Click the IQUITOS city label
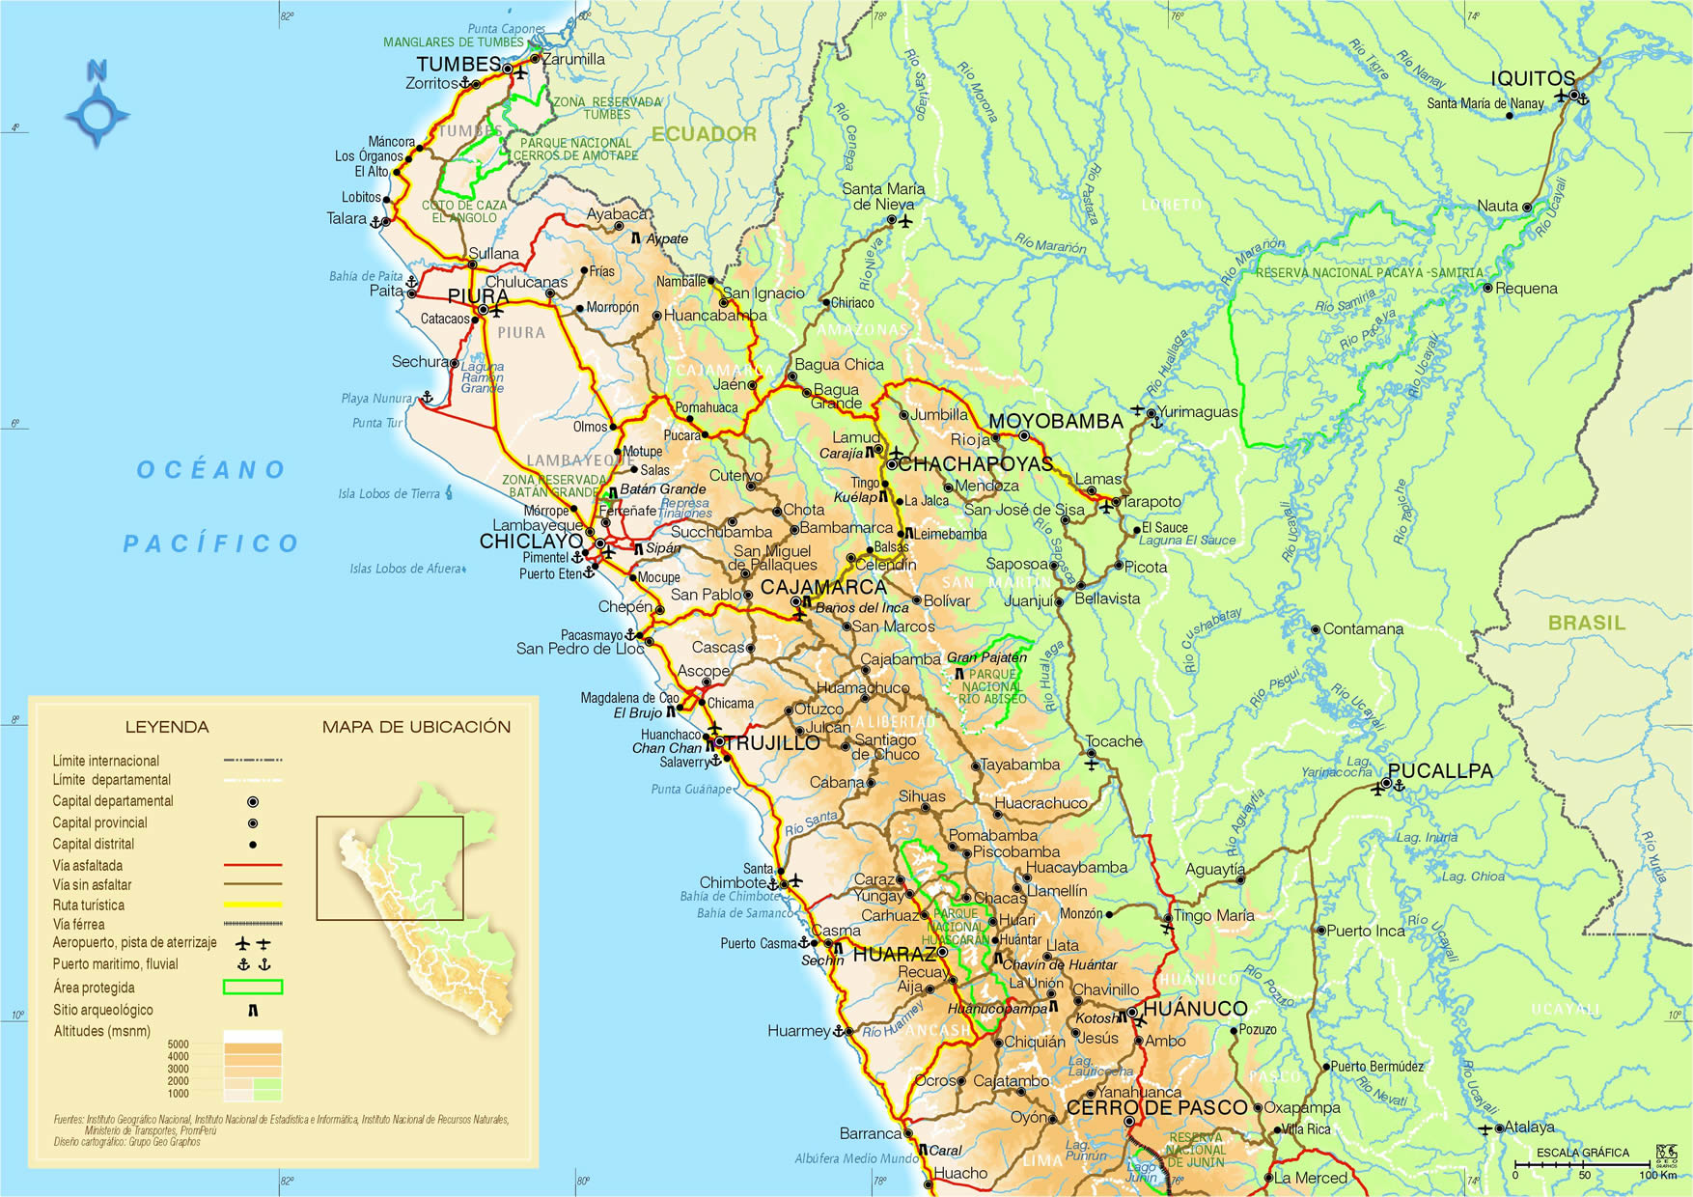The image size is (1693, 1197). click(1532, 78)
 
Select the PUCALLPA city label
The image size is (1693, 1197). click(1440, 770)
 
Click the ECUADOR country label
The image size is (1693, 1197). click(704, 134)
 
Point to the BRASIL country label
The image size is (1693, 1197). click(1586, 623)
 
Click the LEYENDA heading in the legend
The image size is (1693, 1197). click(167, 727)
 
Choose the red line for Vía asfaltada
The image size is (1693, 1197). click(252, 865)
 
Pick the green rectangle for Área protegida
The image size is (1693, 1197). click(252, 987)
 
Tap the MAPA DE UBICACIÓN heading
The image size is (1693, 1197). click(416, 727)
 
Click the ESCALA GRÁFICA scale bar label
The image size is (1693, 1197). click(1582, 1152)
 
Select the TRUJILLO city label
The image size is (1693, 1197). click(771, 742)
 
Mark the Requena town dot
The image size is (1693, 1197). click(1487, 288)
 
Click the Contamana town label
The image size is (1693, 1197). click(1362, 628)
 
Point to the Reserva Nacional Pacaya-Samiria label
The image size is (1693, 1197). click(1369, 273)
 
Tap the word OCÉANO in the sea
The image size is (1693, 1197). click(211, 470)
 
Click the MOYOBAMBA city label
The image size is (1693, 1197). click(1055, 421)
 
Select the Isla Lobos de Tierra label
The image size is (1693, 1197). click(388, 494)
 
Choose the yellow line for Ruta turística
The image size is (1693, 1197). click(252, 905)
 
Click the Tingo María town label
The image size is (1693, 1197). click(1213, 915)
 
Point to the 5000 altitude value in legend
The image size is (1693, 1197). click(178, 1044)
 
